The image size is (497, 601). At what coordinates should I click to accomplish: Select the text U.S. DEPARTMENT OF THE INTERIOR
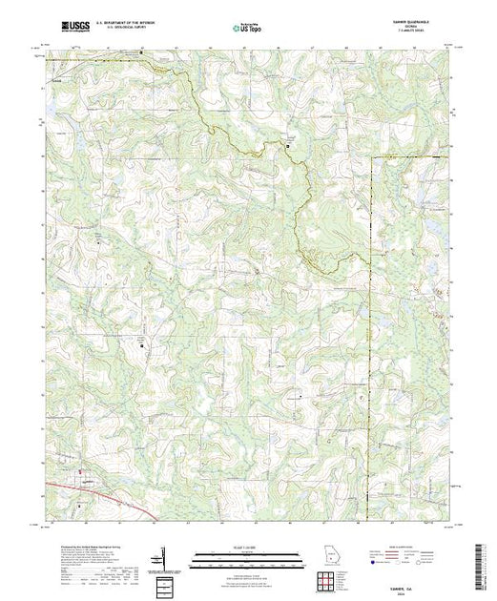click(x=130, y=25)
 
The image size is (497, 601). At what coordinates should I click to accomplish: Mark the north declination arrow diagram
click(x=164, y=556)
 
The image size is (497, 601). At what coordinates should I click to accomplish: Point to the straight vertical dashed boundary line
click(x=370, y=286)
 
